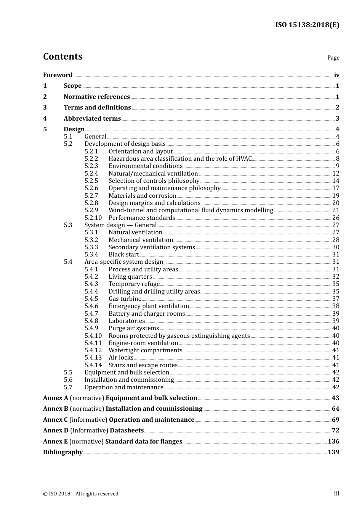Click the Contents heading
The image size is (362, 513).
click(62, 56)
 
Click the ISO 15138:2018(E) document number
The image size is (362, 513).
click(307, 25)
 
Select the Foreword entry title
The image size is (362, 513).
click(58, 75)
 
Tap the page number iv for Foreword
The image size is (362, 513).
click(336, 75)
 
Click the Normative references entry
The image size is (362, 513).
click(97, 97)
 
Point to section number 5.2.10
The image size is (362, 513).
click(93, 218)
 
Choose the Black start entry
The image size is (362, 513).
click(124, 254)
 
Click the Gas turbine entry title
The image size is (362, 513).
click(125, 298)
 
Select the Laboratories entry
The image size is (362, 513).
click(127, 321)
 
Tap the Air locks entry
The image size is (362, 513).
click(121, 357)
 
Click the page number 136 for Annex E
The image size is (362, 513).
click(333, 441)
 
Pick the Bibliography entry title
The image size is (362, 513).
click(63, 452)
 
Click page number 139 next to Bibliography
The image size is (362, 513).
click(333, 452)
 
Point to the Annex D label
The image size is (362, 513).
click(56, 430)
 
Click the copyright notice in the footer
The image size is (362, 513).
click(81, 494)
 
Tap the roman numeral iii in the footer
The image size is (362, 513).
click(336, 493)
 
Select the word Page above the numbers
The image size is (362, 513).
click(333, 58)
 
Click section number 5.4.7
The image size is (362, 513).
click(91, 313)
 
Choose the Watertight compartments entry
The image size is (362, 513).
click(146, 350)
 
